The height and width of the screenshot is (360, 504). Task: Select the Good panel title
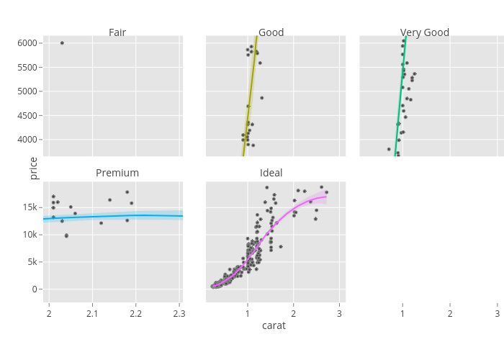tap(271, 32)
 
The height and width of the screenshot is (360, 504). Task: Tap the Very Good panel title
tap(425, 32)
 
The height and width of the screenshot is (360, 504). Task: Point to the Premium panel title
tap(117, 173)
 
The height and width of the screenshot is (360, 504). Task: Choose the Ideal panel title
tap(271, 173)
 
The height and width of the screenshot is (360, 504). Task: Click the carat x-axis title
tap(274, 325)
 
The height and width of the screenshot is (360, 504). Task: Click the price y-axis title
tap(33, 168)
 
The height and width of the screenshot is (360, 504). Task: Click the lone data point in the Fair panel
tap(62, 43)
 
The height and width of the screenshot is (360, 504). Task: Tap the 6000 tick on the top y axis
tap(27, 43)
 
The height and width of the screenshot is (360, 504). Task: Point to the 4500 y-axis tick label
tap(27, 115)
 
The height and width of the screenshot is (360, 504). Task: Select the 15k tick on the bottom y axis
tap(29, 207)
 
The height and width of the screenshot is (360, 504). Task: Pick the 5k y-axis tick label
tap(31, 262)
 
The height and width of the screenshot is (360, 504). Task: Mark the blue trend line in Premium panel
tap(115, 215)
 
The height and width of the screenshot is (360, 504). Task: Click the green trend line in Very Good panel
tap(400, 94)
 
